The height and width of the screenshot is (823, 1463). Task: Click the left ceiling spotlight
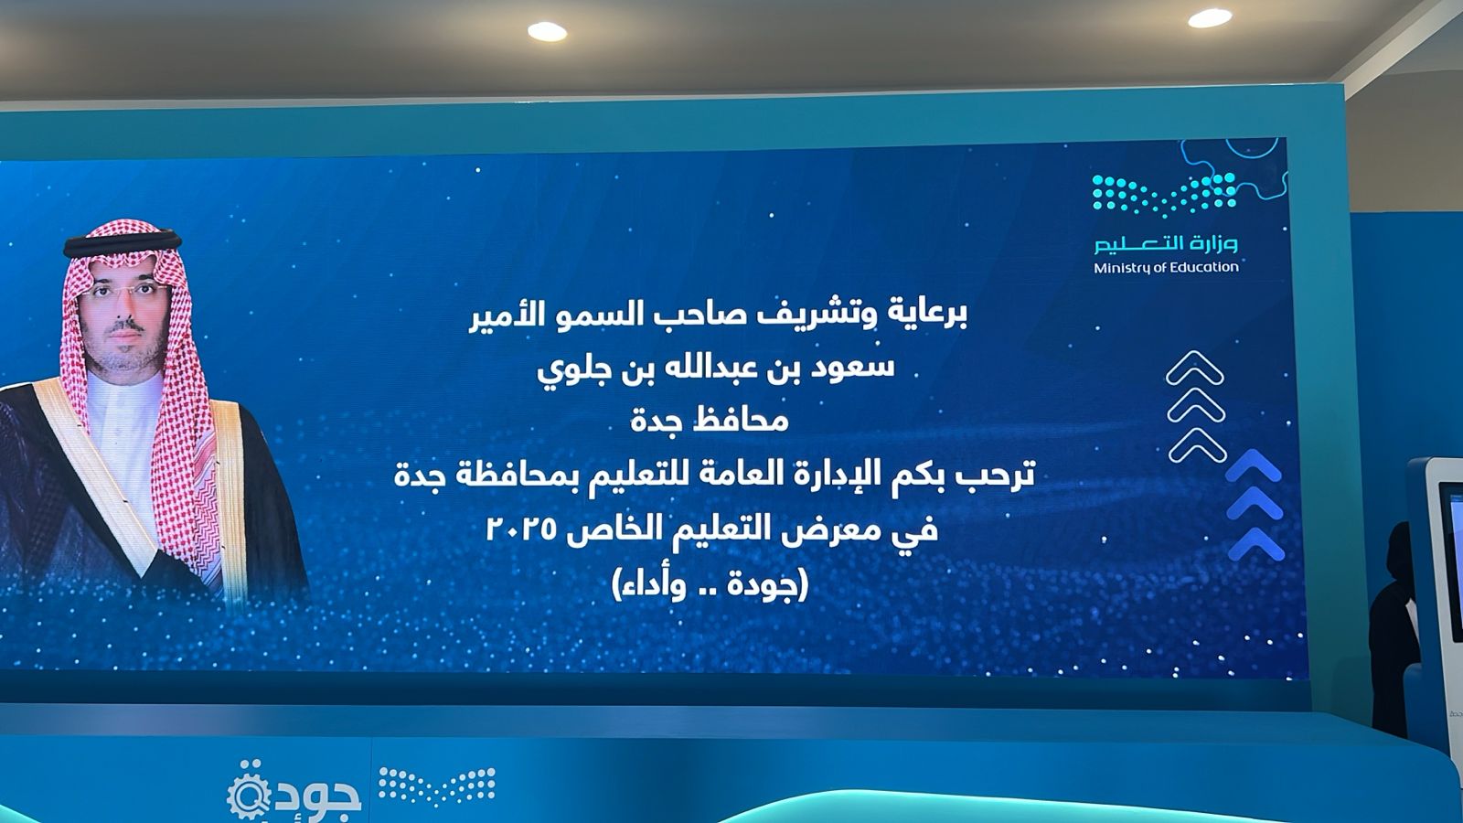point(547,31)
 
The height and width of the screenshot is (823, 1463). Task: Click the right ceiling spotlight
point(1210,17)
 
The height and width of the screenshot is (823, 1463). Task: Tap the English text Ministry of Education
point(1166,267)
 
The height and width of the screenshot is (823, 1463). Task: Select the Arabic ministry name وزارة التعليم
point(1166,243)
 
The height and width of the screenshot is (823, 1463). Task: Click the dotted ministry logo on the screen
point(1165,195)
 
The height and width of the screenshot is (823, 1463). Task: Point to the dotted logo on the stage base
point(437,786)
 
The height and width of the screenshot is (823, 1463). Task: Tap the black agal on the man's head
point(123,241)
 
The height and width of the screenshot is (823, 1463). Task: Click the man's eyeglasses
point(124,292)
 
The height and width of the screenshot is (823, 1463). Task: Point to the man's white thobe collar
point(125,392)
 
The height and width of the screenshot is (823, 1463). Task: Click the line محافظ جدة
point(710,420)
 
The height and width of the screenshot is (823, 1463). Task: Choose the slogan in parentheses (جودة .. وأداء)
point(710,584)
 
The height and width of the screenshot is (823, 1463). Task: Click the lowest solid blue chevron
point(1255,545)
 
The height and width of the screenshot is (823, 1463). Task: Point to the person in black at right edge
point(1393,627)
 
